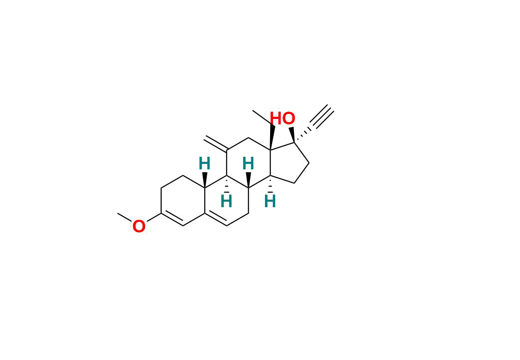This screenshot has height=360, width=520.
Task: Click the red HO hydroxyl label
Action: [x=282, y=119]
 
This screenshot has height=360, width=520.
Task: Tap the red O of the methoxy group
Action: [x=139, y=227]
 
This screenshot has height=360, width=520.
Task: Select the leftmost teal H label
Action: [x=204, y=164]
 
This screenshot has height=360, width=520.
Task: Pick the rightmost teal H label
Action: [x=270, y=202]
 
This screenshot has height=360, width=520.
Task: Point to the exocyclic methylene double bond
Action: [x=215, y=144]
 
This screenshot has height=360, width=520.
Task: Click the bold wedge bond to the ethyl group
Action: [x=272, y=137]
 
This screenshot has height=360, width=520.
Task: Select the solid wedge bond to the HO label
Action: [x=292, y=134]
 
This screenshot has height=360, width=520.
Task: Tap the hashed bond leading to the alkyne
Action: [x=302, y=133]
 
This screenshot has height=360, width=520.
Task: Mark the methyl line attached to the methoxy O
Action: [x=125, y=217]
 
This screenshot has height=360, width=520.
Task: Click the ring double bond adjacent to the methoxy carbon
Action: [x=172, y=220]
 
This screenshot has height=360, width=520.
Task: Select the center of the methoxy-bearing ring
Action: [x=183, y=201]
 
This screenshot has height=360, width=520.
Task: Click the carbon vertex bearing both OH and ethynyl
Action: [x=294, y=143]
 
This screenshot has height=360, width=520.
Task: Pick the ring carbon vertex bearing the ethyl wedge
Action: [x=270, y=150]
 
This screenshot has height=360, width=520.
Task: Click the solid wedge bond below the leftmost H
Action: [x=205, y=180]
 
